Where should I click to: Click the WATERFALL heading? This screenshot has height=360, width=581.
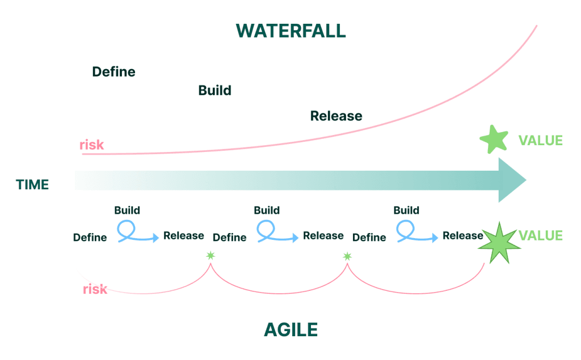(291, 31)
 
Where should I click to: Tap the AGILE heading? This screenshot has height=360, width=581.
(291, 329)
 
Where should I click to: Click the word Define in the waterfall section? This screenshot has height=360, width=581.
(113, 72)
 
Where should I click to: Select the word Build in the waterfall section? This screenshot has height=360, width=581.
(214, 91)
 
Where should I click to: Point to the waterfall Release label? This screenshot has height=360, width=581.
(336, 116)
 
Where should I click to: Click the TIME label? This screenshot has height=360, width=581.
(32, 185)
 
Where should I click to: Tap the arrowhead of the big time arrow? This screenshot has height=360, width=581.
(511, 180)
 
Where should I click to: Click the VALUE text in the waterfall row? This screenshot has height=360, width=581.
(540, 141)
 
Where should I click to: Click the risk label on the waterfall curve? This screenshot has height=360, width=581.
(91, 145)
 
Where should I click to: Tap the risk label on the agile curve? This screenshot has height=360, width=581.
(95, 289)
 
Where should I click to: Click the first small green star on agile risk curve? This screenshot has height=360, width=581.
(210, 256)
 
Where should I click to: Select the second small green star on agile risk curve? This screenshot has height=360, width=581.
(347, 256)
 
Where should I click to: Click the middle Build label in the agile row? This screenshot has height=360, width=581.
(267, 210)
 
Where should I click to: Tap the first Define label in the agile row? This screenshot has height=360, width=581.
(90, 238)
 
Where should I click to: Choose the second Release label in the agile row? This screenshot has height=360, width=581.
(323, 236)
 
